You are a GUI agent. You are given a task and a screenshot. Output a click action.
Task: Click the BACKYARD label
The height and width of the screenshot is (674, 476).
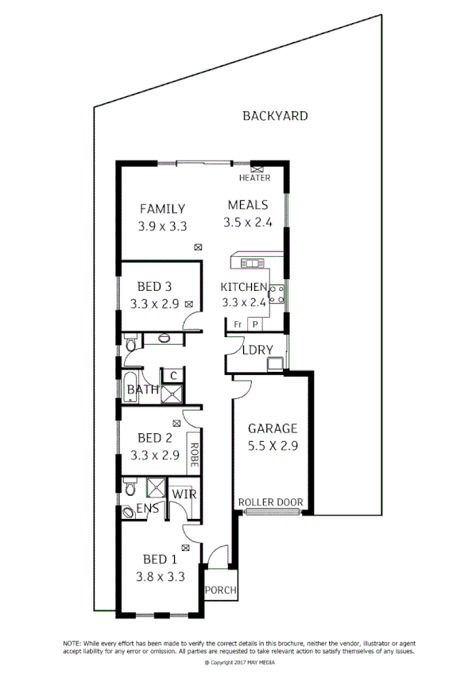(274, 116)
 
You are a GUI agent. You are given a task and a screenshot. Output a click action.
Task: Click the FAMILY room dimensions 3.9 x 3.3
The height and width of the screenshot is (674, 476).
(162, 226)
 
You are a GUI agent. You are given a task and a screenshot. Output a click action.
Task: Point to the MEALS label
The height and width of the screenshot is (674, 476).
(248, 204)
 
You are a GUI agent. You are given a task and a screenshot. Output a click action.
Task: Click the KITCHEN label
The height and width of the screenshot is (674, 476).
(243, 287)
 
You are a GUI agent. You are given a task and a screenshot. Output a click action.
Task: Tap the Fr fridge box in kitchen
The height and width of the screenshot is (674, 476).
(238, 324)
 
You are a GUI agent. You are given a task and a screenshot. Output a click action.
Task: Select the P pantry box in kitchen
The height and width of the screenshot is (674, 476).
(255, 324)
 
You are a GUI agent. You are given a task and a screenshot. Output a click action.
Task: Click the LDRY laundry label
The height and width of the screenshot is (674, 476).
(258, 350)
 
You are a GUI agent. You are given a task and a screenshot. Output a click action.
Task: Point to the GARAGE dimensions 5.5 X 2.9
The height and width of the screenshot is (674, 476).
(272, 446)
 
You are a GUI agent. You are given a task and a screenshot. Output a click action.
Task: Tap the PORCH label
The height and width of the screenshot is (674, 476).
(220, 591)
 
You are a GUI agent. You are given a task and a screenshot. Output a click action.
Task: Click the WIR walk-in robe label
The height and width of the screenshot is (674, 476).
(184, 494)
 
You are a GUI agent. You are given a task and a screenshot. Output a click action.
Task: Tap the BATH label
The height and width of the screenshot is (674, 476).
(141, 390)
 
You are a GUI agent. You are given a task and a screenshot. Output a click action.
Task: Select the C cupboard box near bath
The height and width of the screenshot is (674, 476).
(172, 375)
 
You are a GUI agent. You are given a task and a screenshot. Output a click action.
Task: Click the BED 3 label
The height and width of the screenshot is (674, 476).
(155, 286)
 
